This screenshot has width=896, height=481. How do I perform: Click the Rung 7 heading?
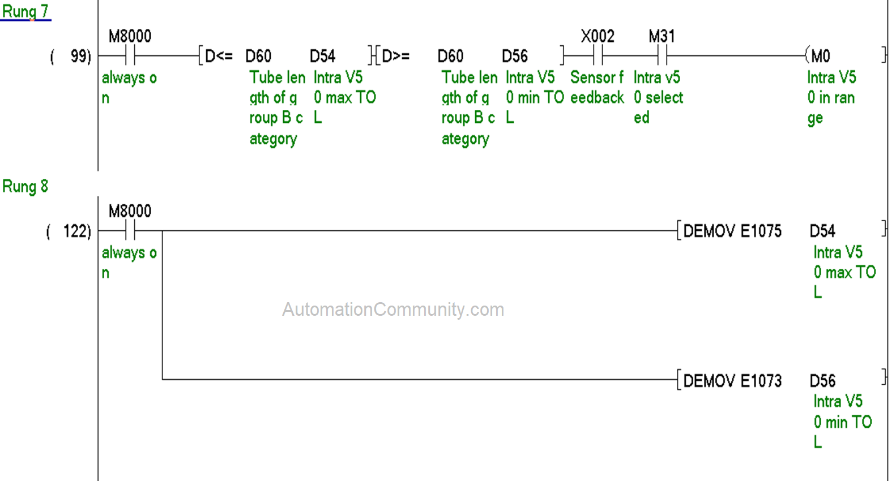[25, 11]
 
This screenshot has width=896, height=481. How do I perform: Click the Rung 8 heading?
[25, 186]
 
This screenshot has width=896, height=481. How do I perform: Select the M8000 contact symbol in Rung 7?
[130, 56]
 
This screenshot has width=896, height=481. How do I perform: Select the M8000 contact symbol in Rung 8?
[130, 231]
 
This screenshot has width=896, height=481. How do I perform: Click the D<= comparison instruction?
[219, 56]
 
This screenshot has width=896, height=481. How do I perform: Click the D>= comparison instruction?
[396, 56]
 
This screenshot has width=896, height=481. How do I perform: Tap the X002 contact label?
[598, 37]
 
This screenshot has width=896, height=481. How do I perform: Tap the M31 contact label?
[662, 37]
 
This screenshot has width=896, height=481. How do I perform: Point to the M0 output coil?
[819, 56]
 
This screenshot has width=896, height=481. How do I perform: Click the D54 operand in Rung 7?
[322, 56]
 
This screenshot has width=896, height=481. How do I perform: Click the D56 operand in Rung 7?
[514, 56]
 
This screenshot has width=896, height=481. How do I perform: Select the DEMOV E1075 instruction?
[732, 231]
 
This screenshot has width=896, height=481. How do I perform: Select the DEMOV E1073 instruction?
[732, 381]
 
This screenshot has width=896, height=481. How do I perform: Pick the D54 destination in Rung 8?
[822, 231]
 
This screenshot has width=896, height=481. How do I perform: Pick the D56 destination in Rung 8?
[822, 381]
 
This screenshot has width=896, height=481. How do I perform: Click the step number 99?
[80, 56]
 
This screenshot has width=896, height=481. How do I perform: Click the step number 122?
[76, 231]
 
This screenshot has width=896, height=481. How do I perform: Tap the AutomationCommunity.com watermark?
[393, 310]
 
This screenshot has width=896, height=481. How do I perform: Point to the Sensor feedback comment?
[597, 87]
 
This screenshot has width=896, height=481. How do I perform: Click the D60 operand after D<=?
[258, 56]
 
